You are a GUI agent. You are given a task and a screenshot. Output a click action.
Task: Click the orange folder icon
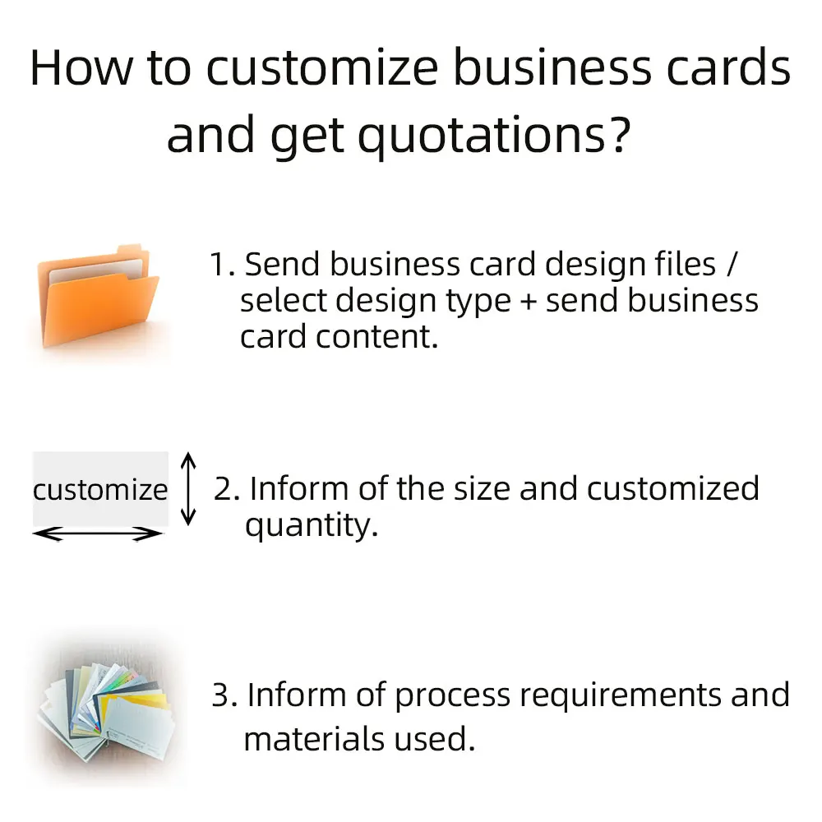tap(99, 296)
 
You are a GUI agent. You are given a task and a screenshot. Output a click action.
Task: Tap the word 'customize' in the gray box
tap(99, 491)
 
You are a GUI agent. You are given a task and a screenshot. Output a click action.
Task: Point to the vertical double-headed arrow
tap(189, 488)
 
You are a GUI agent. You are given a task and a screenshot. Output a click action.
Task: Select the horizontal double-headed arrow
tap(99, 534)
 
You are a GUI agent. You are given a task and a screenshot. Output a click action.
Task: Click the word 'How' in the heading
tap(81, 68)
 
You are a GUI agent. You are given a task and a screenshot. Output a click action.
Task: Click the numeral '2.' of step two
tap(227, 488)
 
